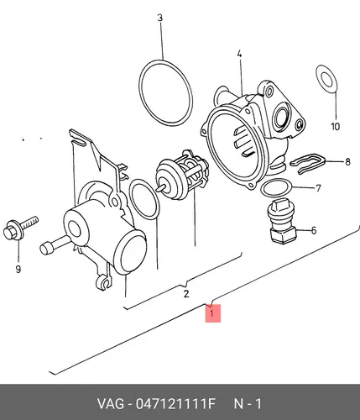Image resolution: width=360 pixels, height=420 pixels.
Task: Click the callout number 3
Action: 159,18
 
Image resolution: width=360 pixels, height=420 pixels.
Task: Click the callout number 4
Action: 239,54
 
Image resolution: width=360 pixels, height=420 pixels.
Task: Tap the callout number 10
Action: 336,127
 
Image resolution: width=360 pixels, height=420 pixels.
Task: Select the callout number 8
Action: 347,162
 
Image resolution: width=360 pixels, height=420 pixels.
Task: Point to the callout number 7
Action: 318,188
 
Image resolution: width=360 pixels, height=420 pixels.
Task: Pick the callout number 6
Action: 314,231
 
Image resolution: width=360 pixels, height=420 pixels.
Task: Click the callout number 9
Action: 18,270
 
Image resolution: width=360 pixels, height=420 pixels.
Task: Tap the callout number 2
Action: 186,294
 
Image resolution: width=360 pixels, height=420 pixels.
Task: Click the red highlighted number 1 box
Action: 213,313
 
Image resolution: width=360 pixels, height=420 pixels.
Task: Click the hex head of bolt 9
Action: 12,230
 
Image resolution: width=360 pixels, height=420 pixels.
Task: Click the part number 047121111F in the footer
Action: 175,404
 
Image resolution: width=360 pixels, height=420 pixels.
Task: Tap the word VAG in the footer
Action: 111,404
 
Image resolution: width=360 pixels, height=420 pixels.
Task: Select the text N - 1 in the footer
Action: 248,404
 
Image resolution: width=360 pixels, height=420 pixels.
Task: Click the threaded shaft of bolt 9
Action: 29,223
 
